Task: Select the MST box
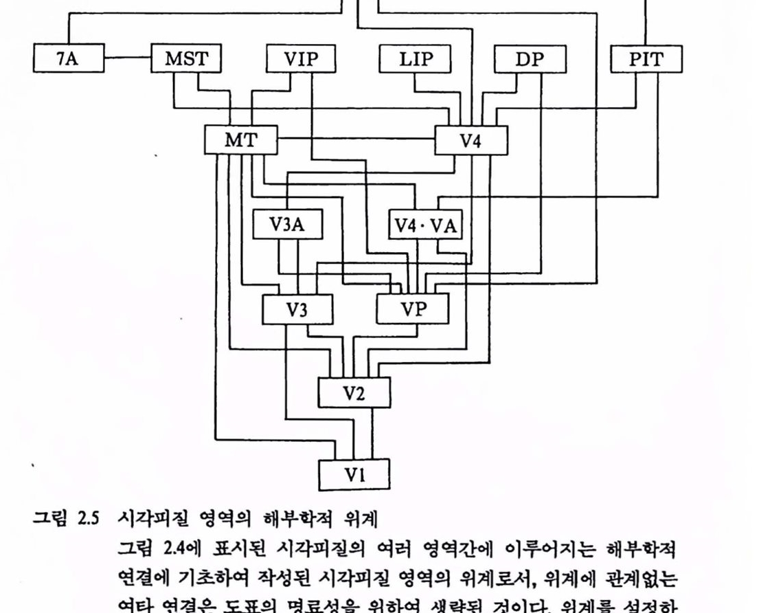pyautogui.click(x=186, y=58)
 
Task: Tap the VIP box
pyautogui.click(x=301, y=58)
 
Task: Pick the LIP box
pyautogui.click(x=416, y=58)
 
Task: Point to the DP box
pyautogui.click(x=530, y=58)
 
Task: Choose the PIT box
pyautogui.click(x=646, y=58)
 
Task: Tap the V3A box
pyautogui.click(x=288, y=225)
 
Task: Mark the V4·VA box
pyautogui.click(x=427, y=225)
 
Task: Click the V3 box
pyautogui.click(x=297, y=309)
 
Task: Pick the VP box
pyautogui.click(x=413, y=309)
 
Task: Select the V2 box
pyautogui.click(x=354, y=393)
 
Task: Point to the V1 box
pyautogui.click(x=354, y=474)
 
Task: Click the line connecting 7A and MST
pyautogui.click(x=127, y=58)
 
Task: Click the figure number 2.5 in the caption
pyautogui.click(x=84, y=517)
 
